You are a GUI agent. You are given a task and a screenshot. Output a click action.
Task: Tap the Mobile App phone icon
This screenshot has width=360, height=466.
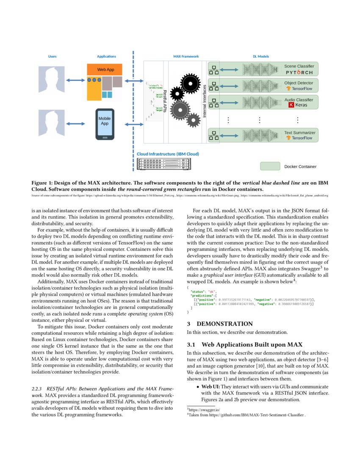105,124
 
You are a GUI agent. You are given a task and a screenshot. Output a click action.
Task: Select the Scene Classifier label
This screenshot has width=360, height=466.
299,66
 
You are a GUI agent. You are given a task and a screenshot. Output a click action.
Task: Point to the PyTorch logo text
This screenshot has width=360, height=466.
299,72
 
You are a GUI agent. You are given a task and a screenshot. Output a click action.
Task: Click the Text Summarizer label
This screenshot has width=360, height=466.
299,133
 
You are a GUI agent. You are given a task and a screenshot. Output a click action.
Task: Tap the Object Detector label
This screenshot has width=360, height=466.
299,83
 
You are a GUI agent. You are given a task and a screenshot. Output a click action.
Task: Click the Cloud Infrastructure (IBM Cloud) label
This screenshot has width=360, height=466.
168,154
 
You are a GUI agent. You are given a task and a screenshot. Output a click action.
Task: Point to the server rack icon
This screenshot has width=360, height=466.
168,164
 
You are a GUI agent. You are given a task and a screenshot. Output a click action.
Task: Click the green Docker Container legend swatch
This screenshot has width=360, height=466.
270,166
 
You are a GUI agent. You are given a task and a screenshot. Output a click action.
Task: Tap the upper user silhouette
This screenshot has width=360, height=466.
52,79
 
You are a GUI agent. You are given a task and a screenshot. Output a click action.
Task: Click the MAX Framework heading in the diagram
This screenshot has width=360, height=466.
186,56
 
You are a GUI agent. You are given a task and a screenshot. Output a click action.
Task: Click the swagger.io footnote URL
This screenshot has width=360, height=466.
205,410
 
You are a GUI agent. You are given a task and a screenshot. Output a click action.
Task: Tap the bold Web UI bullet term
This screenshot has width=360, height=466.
210,387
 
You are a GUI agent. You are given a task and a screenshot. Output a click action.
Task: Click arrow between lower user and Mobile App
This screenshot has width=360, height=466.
76,124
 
